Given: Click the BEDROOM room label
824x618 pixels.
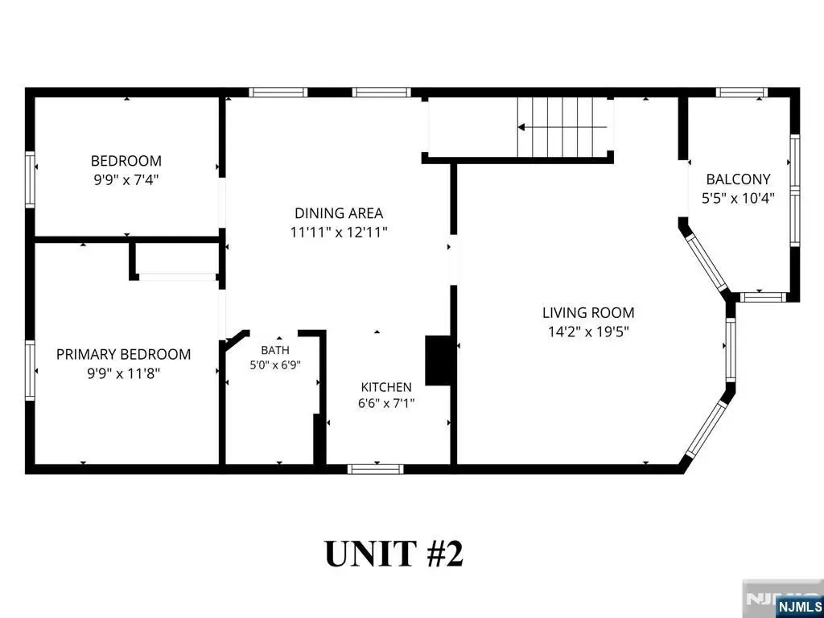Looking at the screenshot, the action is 126,160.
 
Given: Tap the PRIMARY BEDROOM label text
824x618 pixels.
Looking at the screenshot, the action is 123,354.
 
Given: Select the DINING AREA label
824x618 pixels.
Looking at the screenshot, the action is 339,213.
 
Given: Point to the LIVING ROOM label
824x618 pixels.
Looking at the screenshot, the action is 588,313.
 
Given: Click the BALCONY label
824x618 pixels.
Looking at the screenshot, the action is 739,179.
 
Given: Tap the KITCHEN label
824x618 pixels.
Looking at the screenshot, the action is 386,387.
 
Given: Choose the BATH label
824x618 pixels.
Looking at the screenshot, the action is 275,350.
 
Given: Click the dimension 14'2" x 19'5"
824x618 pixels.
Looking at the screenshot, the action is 588,332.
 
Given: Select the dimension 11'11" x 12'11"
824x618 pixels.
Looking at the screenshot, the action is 339,233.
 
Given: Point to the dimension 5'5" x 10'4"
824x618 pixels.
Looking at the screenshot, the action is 739,199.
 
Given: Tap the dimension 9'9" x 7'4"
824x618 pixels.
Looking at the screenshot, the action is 126,180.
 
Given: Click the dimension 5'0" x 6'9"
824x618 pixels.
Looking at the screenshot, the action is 275,365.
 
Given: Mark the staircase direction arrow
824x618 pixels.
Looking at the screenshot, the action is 562,127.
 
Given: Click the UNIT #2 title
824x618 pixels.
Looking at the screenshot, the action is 394,554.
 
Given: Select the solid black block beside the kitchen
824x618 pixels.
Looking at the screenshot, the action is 438,361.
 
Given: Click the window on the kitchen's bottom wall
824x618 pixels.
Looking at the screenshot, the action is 375,469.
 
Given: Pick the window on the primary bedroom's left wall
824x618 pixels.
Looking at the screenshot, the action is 30,370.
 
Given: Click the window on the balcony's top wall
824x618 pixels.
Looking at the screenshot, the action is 741,93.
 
